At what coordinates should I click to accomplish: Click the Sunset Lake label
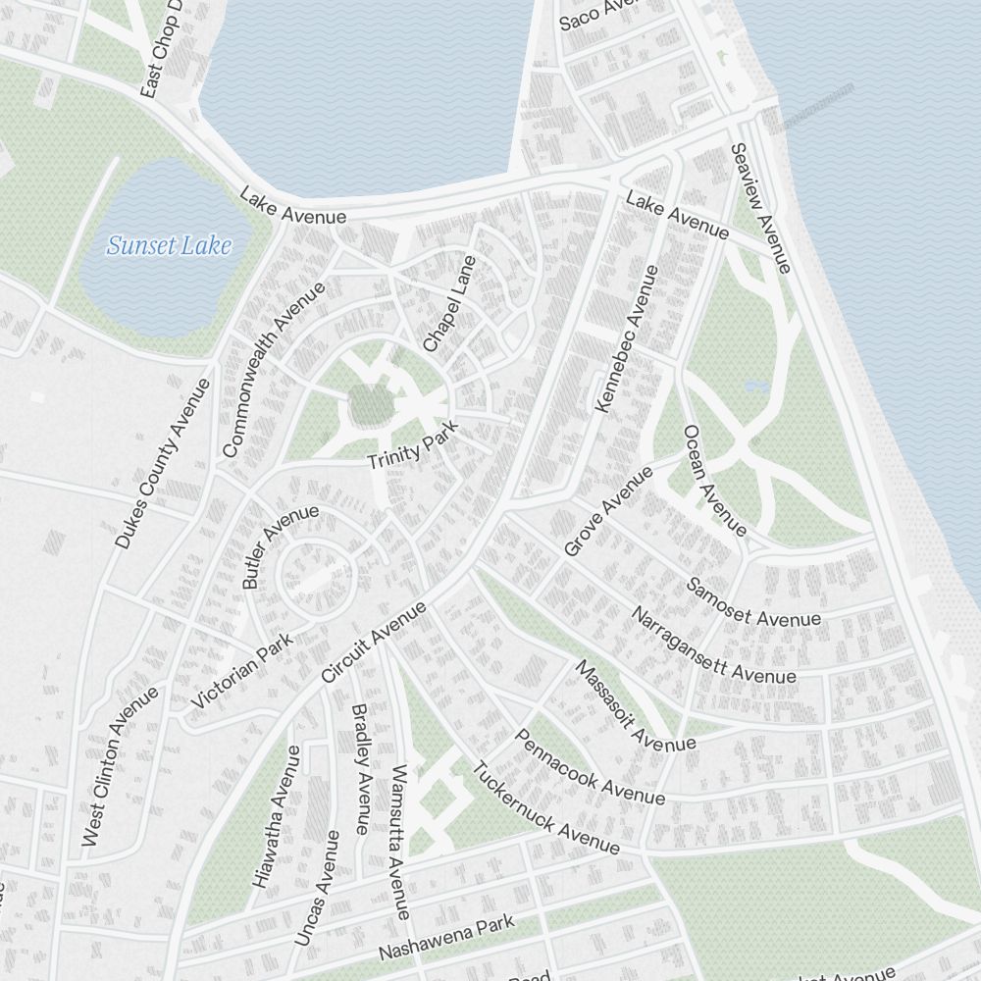(169, 245)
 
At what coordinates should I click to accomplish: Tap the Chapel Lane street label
(449, 304)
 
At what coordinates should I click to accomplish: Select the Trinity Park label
(413, 449)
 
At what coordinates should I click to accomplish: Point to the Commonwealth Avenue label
(274, 370)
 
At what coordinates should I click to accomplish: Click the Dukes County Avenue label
(163, 463)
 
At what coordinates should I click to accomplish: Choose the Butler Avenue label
(280, 546)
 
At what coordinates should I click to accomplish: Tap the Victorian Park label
(242, 672)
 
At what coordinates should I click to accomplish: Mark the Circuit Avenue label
(374, 642)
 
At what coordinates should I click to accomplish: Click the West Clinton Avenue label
(120, 766)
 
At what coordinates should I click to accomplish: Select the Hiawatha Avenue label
(276, 817)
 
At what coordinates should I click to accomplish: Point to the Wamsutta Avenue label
(399, 842)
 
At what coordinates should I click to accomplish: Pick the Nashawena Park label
(446, 939)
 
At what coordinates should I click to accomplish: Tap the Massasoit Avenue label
(634, 706)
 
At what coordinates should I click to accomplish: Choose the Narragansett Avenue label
(713, 645)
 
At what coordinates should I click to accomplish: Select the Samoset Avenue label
(752, 602)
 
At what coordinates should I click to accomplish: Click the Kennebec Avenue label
(627, 337)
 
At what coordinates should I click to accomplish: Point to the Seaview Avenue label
(760, 208)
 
